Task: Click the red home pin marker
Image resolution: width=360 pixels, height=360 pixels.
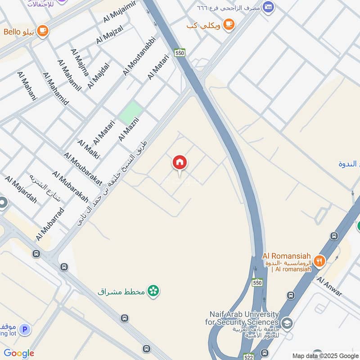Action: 180,163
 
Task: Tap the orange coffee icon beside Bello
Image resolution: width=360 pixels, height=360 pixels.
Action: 43,31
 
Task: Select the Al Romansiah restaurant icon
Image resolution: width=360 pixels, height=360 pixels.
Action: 319,261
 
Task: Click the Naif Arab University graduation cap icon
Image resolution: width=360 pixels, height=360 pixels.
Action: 287,323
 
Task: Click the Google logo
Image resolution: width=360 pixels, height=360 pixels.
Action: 19,353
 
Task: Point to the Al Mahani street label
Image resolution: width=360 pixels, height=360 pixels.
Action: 27,85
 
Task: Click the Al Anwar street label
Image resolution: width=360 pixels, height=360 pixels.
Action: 329,287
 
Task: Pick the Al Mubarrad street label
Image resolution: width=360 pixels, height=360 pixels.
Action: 50,224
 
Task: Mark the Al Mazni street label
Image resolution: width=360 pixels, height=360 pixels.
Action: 129,130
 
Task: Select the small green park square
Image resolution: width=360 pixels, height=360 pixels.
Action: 130,112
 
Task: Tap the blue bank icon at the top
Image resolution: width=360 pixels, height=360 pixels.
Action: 268,7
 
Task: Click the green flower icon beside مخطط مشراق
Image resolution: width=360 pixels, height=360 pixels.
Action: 153,291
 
